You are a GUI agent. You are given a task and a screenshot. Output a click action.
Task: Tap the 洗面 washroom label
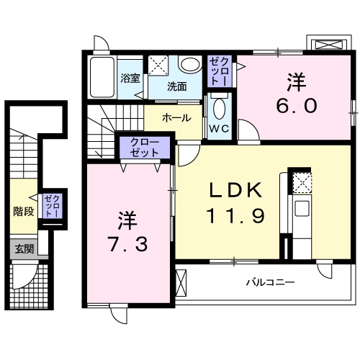click(177, 86)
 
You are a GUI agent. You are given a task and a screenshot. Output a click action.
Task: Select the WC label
click(219, 130)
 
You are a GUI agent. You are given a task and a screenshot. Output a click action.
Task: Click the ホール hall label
click(176, 117)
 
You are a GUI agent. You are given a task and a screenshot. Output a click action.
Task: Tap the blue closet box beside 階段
click(50, 207)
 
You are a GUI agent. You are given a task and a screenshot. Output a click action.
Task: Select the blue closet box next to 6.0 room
click(219, 71)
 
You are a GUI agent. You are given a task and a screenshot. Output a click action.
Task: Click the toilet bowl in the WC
click(220, 109)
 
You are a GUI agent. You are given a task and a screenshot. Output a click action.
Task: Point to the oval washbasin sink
click(190, 66)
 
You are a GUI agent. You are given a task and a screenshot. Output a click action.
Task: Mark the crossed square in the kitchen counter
click(302, 182)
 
